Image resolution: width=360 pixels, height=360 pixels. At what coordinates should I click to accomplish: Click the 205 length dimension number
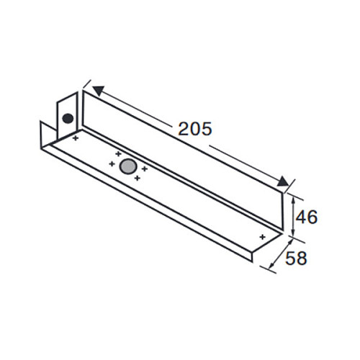tap(195, 129)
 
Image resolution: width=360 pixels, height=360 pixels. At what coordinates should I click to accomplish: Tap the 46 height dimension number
tap(307, 217)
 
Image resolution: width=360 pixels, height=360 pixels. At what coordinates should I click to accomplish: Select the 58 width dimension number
tap(296, 258)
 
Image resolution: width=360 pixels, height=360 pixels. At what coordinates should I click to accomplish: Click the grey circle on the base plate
tap(128, 166)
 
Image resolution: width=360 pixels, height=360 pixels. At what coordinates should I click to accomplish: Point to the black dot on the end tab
tap(68, 118)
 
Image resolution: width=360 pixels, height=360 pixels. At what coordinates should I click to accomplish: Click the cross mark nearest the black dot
tap(76, 138)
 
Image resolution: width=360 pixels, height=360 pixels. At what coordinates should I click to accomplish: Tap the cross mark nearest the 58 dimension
tap(263, 237)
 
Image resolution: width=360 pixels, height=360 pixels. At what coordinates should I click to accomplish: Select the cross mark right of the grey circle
tap(144, 169)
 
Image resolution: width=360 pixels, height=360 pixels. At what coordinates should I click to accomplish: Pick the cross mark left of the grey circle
tap(112, 164)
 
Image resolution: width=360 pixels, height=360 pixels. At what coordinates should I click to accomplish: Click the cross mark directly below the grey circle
tap(138, 178)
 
